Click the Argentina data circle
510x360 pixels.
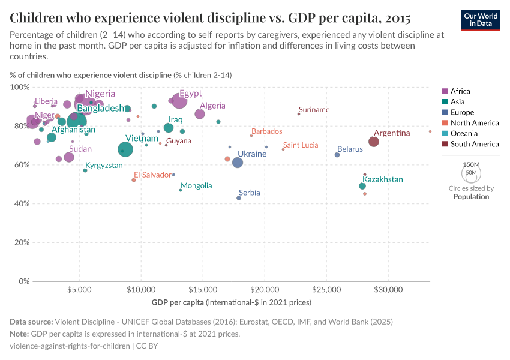[374, 142]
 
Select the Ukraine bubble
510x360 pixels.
[238, 163]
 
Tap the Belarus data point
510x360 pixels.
[337, 155]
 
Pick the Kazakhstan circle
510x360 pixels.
[362, 186]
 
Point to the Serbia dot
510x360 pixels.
[239, 198]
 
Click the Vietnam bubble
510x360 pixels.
[125, 149]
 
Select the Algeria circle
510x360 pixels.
[200, 114]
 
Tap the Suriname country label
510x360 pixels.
[314, 110]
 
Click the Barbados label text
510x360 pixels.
[266, 131]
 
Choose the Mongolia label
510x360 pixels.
[196, 185]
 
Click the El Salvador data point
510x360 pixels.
[134, 180]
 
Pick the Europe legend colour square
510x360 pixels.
[445, 112]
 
